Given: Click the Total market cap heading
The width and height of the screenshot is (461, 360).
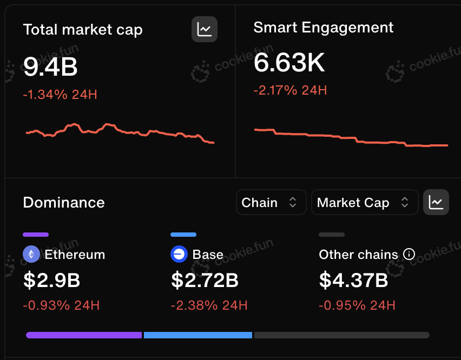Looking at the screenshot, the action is coord(83,30).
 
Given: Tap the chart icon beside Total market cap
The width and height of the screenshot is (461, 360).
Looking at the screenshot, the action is coord(205,29).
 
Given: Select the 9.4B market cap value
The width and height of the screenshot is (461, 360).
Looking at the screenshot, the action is coord(50,66).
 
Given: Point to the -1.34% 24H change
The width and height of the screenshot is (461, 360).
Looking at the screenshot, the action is coord(60,95).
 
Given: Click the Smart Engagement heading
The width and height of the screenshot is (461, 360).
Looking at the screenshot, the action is coord(324,28).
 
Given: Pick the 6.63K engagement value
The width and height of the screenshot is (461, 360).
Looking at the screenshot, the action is coord(289,62).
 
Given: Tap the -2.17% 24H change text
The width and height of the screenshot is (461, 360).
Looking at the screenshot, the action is coord(290,90).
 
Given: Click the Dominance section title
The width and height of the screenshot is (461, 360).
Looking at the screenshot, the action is coord(64,202).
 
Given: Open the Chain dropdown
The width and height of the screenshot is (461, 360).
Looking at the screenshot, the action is coord(271,202).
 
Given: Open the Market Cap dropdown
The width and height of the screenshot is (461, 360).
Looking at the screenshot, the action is coord(365,202).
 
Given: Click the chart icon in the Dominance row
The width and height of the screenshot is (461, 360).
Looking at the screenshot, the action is coord(436,202).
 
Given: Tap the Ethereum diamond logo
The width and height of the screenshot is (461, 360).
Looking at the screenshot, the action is coord(31,254).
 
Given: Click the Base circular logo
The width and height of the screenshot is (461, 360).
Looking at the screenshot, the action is coord(179,254).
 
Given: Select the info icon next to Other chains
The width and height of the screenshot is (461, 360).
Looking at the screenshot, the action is coord(409,254).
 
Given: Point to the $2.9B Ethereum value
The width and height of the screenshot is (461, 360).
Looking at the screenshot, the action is coord(52,280).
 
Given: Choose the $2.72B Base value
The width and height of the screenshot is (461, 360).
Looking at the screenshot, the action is coord(205,280).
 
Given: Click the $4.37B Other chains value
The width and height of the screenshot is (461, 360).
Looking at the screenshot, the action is coord(354,280).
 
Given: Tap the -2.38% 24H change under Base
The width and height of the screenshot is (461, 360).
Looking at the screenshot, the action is coord(209,305).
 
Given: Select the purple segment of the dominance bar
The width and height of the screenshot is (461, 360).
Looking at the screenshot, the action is coord(84,335).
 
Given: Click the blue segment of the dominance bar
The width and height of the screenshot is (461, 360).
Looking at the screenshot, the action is coord(198,335).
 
